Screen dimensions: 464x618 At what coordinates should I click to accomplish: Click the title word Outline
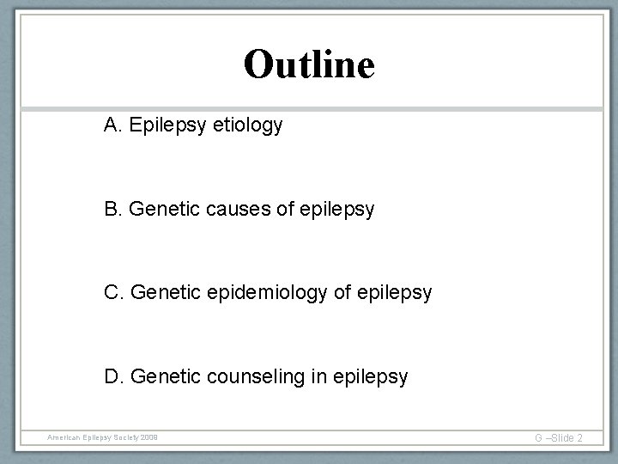point(309,64)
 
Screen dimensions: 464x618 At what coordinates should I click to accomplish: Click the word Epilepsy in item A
point(167,126)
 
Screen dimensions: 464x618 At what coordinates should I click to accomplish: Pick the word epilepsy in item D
point(371,376)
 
